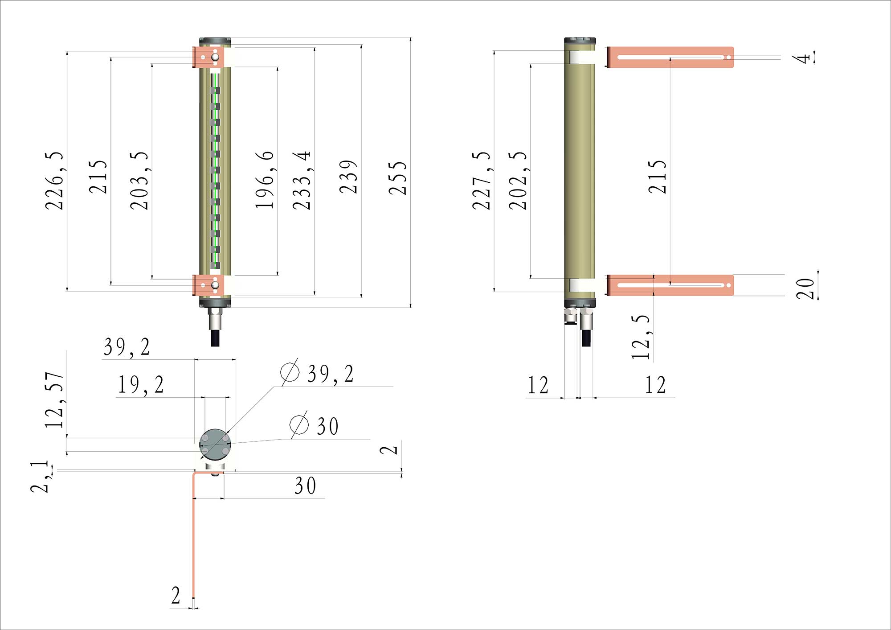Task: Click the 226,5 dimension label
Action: [54, 181]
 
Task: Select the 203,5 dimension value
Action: [139, 181]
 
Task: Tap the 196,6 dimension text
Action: [265, 180]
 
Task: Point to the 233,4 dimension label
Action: [302, 180]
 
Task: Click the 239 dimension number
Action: [348, 177]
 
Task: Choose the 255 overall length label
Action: [398, 178]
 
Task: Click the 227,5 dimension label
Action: [482, 181]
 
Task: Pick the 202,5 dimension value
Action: [518, 181]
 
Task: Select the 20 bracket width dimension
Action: [805, 288]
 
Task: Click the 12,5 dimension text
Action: [642, 337]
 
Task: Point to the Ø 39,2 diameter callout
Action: [317, 373]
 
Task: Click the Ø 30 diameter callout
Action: [315, 426]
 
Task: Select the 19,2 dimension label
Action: [140, 385]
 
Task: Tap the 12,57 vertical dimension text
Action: [55, 400]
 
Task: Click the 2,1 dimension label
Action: [39, 477]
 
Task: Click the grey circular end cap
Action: [215, 445]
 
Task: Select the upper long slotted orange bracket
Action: [670, 57]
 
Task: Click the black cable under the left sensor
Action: [215, 338]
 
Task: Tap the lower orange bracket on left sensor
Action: [203, 285]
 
